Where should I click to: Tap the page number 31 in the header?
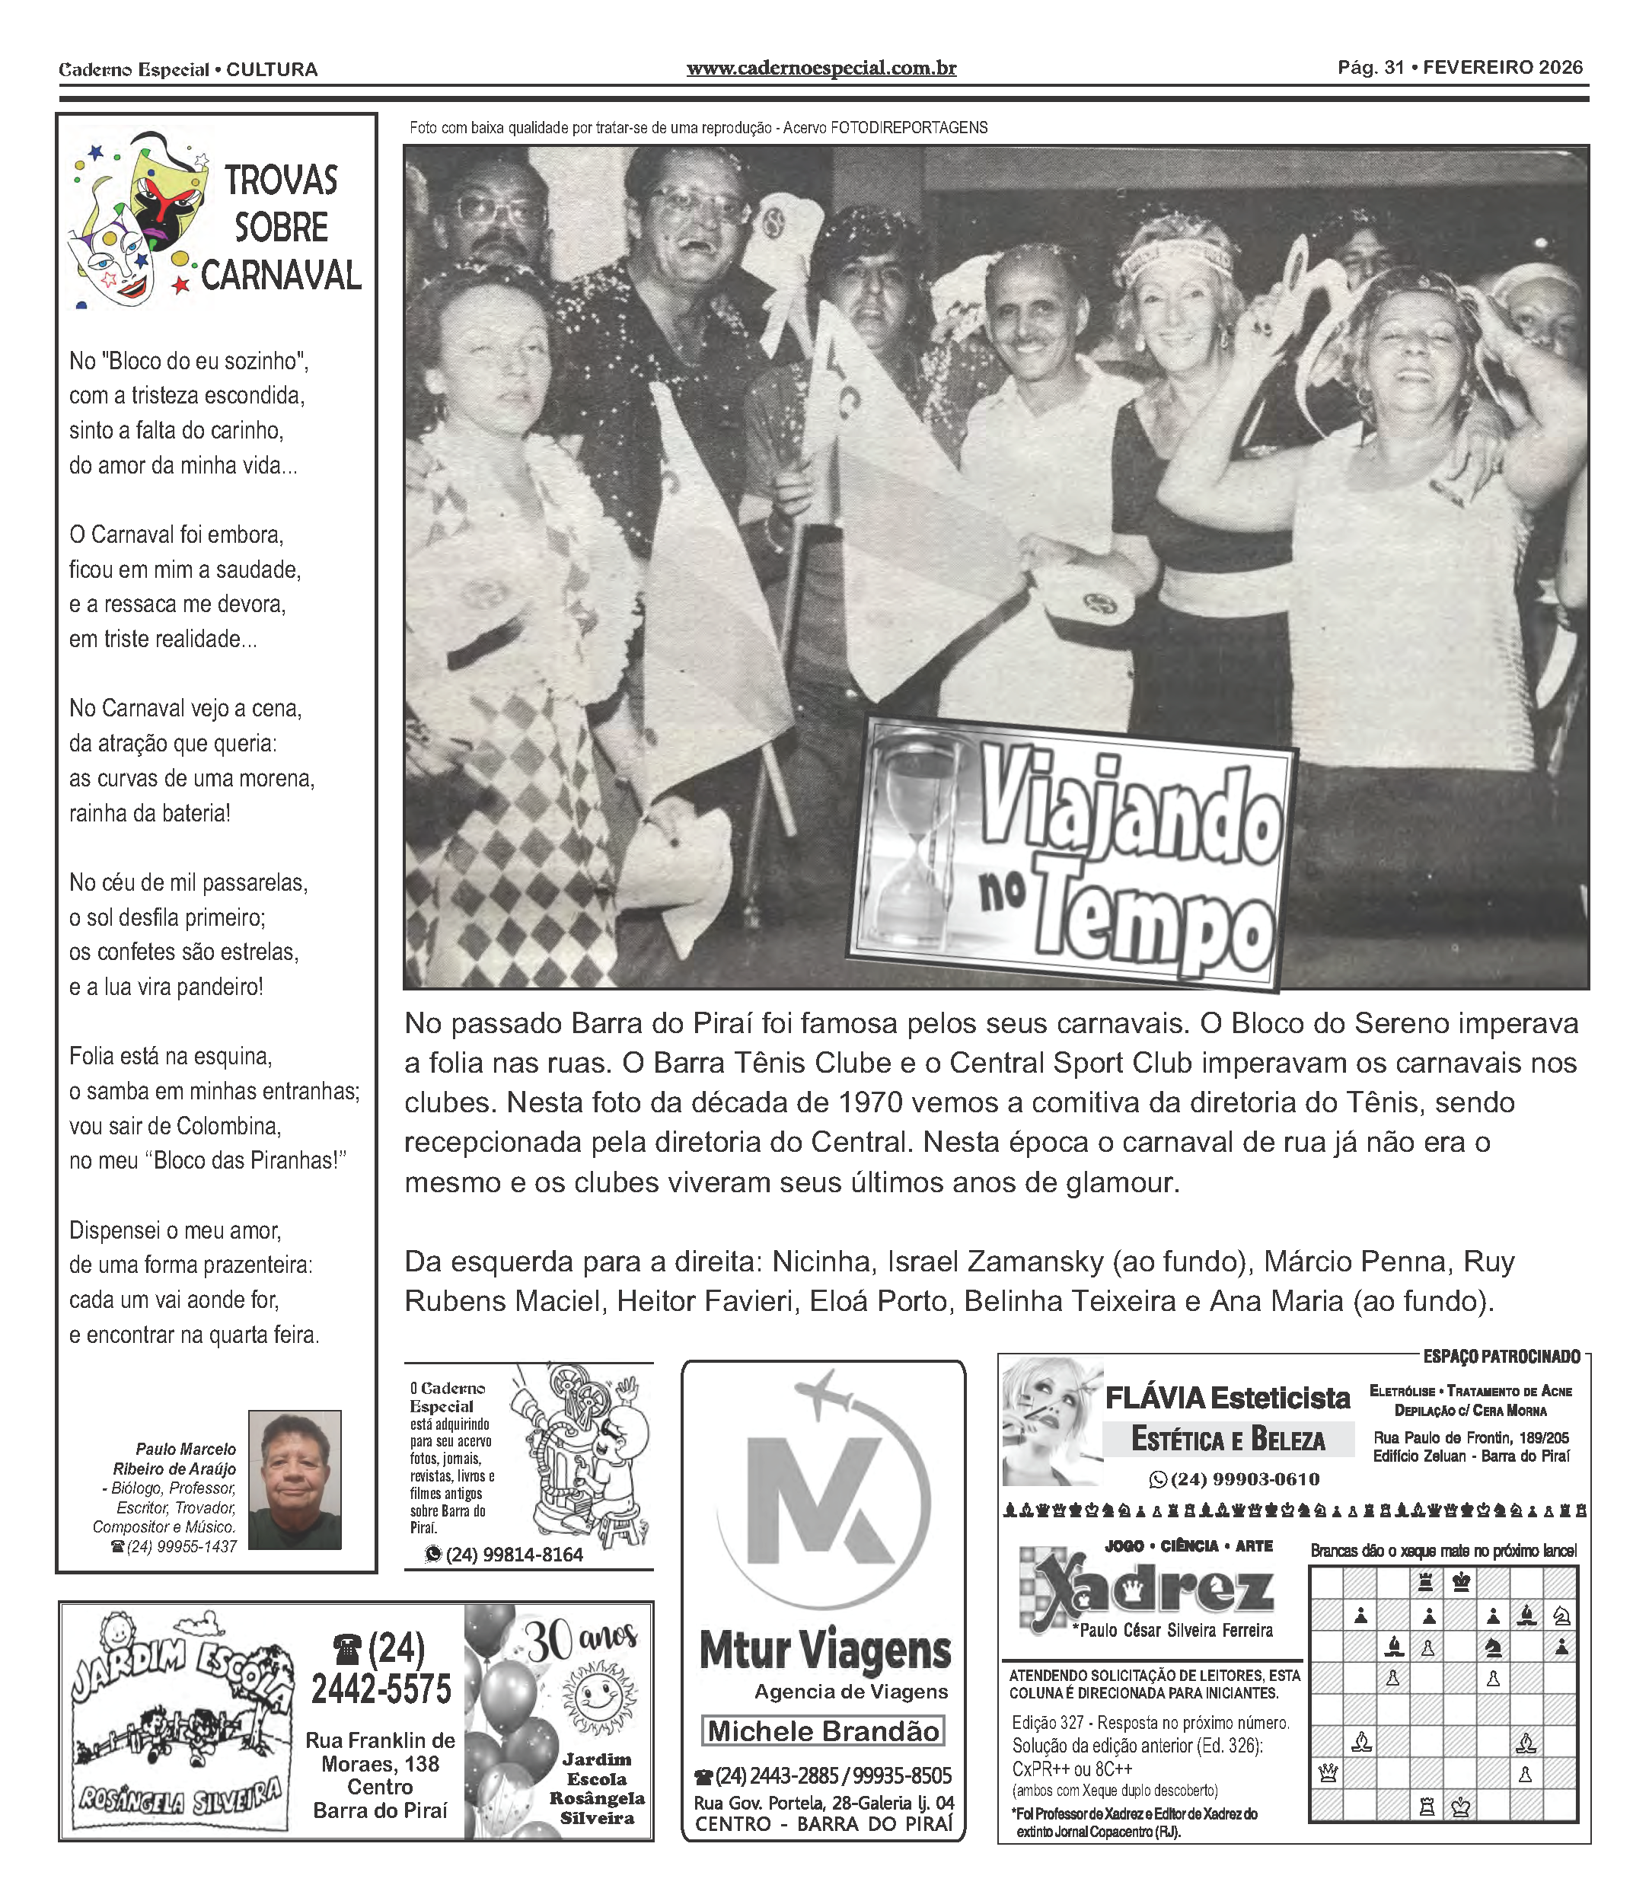pyautogui.click(x=1394, y=68)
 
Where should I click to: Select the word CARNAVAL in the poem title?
pyautogui.click(x=281, y=276)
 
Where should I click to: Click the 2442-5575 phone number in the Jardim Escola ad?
pyautogui.click(x=381, y=1689)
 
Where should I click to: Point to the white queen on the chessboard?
pyautogui.click(x=1327, y=1772)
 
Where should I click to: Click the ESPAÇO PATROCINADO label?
pyautogui.click(x=1501, y=1356)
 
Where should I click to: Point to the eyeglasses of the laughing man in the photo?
pyautogui.click(x=700, y=204)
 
